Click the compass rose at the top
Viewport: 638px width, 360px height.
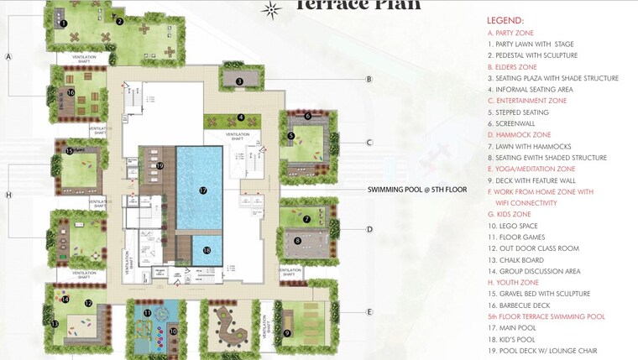coord(270,10)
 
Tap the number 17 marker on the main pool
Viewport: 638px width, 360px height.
coord(202,190)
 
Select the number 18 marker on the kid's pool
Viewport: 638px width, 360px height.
coord(207,250)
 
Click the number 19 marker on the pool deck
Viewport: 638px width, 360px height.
coord(159,165)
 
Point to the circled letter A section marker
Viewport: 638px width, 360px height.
coord(8,57)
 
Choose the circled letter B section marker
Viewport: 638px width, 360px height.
coord(369,80)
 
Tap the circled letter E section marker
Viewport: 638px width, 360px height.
coord(369,312)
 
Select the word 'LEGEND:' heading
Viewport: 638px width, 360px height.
coord(505,20)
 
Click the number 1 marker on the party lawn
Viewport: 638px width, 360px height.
coord(63,23)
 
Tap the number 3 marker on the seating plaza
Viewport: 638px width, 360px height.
coord(239,81)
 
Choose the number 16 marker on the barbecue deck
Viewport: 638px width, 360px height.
coord(71,92)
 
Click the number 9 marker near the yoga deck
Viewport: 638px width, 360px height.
coord(287,333)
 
